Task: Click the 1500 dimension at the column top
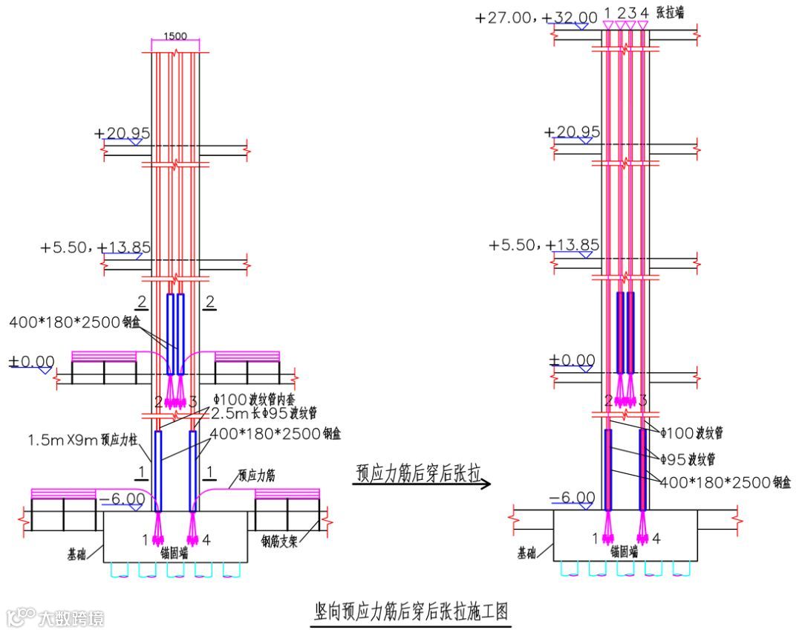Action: coord(175,35)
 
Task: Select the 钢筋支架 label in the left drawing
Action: coord(278,542)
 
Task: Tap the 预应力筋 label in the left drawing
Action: coord(256,475)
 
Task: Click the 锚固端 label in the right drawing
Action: coord(626,551)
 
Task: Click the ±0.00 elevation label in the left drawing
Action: coord(31,362)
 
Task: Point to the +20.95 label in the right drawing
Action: coord(572,132)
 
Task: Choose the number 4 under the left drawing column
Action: coord(206,540)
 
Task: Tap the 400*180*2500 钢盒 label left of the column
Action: coord(74,323)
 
